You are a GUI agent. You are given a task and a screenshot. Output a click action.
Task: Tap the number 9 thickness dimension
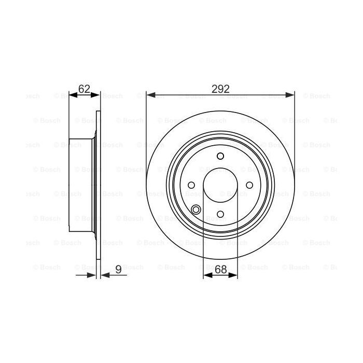[x=118, y=269]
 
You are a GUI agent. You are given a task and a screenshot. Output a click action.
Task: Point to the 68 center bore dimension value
[x=221, y=269]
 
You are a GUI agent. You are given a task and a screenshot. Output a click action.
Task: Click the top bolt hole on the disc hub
[x=220, y=157]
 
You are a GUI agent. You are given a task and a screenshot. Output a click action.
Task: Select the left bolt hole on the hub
[x=191, y=185]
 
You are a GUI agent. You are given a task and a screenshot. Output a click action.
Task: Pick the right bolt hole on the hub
[x=249, y=185]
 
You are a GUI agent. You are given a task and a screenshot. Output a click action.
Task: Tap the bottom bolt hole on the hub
[x=220, y=214]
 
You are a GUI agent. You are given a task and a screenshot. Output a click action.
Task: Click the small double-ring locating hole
[x=196, y=209]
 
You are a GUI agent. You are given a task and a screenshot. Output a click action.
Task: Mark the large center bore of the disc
[x=220, y=185]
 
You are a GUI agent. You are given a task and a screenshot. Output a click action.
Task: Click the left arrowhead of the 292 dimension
[x=150, y=95]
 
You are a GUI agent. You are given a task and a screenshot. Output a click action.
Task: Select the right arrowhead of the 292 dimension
[x=291, y=95]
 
